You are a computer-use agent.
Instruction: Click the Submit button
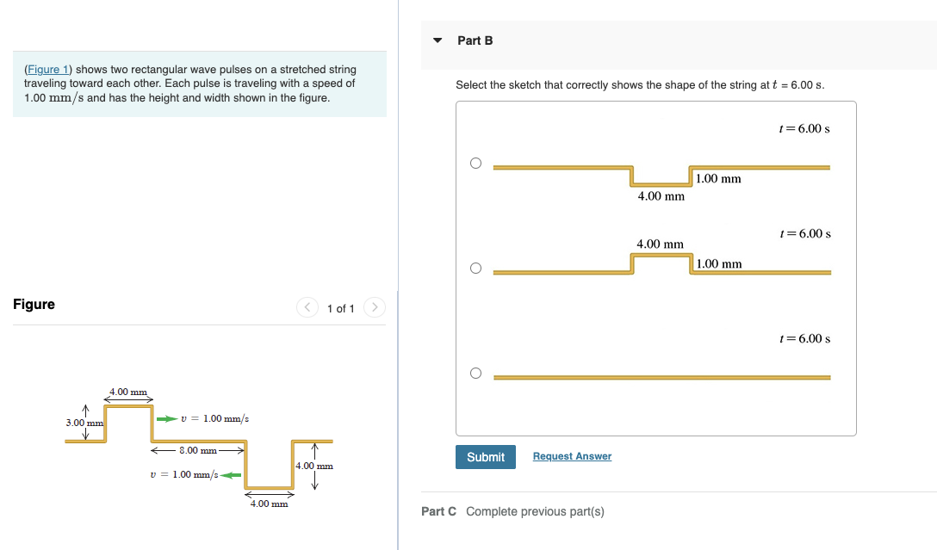tap(486, 457)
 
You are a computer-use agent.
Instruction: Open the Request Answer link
tap(572, 456)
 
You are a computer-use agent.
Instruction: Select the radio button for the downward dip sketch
tap(475, 164)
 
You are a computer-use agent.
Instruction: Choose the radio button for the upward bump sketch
tap(475, 269)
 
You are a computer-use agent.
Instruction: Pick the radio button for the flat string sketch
tap(475, 374)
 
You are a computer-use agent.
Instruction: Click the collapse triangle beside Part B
tap(437, 40)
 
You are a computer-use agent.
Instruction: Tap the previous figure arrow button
tap(307, 307)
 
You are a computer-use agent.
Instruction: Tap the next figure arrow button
tap(374, 307)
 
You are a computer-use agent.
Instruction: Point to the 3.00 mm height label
tap(84, 423)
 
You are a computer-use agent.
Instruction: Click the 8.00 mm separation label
tap(198, 450)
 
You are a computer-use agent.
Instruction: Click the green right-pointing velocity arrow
tap(165, 419)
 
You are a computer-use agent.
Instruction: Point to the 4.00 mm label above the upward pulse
tap(128, 392)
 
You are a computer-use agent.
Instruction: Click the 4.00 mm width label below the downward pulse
tap(269, 504)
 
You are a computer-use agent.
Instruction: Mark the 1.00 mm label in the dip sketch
tap(718, 179)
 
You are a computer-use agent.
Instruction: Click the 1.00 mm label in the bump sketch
tap(719, 263)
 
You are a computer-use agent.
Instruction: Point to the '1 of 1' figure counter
tap(341, 308)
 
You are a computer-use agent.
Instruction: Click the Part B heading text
tap(475, 40)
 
